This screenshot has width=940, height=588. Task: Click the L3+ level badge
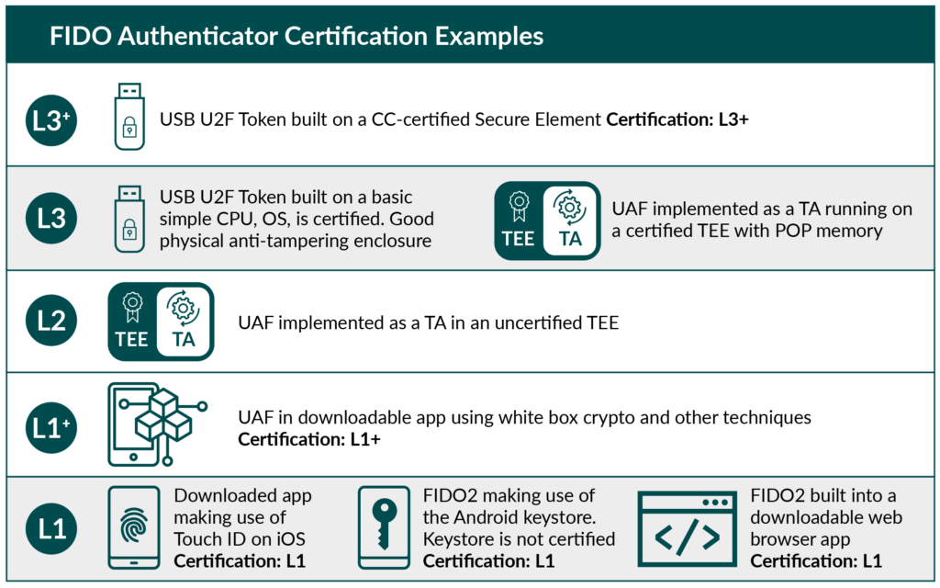(51, 119)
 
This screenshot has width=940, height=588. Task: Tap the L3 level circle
(51, 220)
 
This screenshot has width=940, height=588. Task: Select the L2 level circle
(51, 322)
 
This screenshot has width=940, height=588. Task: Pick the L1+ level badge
(51, 425)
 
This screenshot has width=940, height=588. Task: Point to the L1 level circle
(51, 529)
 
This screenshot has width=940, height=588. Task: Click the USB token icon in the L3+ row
(129, 116)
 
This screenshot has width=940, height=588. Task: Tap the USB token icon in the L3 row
(129, 220)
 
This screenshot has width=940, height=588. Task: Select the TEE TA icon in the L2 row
(161, 322)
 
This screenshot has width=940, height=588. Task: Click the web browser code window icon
(688, 529)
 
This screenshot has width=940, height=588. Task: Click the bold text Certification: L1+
(309, 440)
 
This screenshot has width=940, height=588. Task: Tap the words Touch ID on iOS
(240, 539)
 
